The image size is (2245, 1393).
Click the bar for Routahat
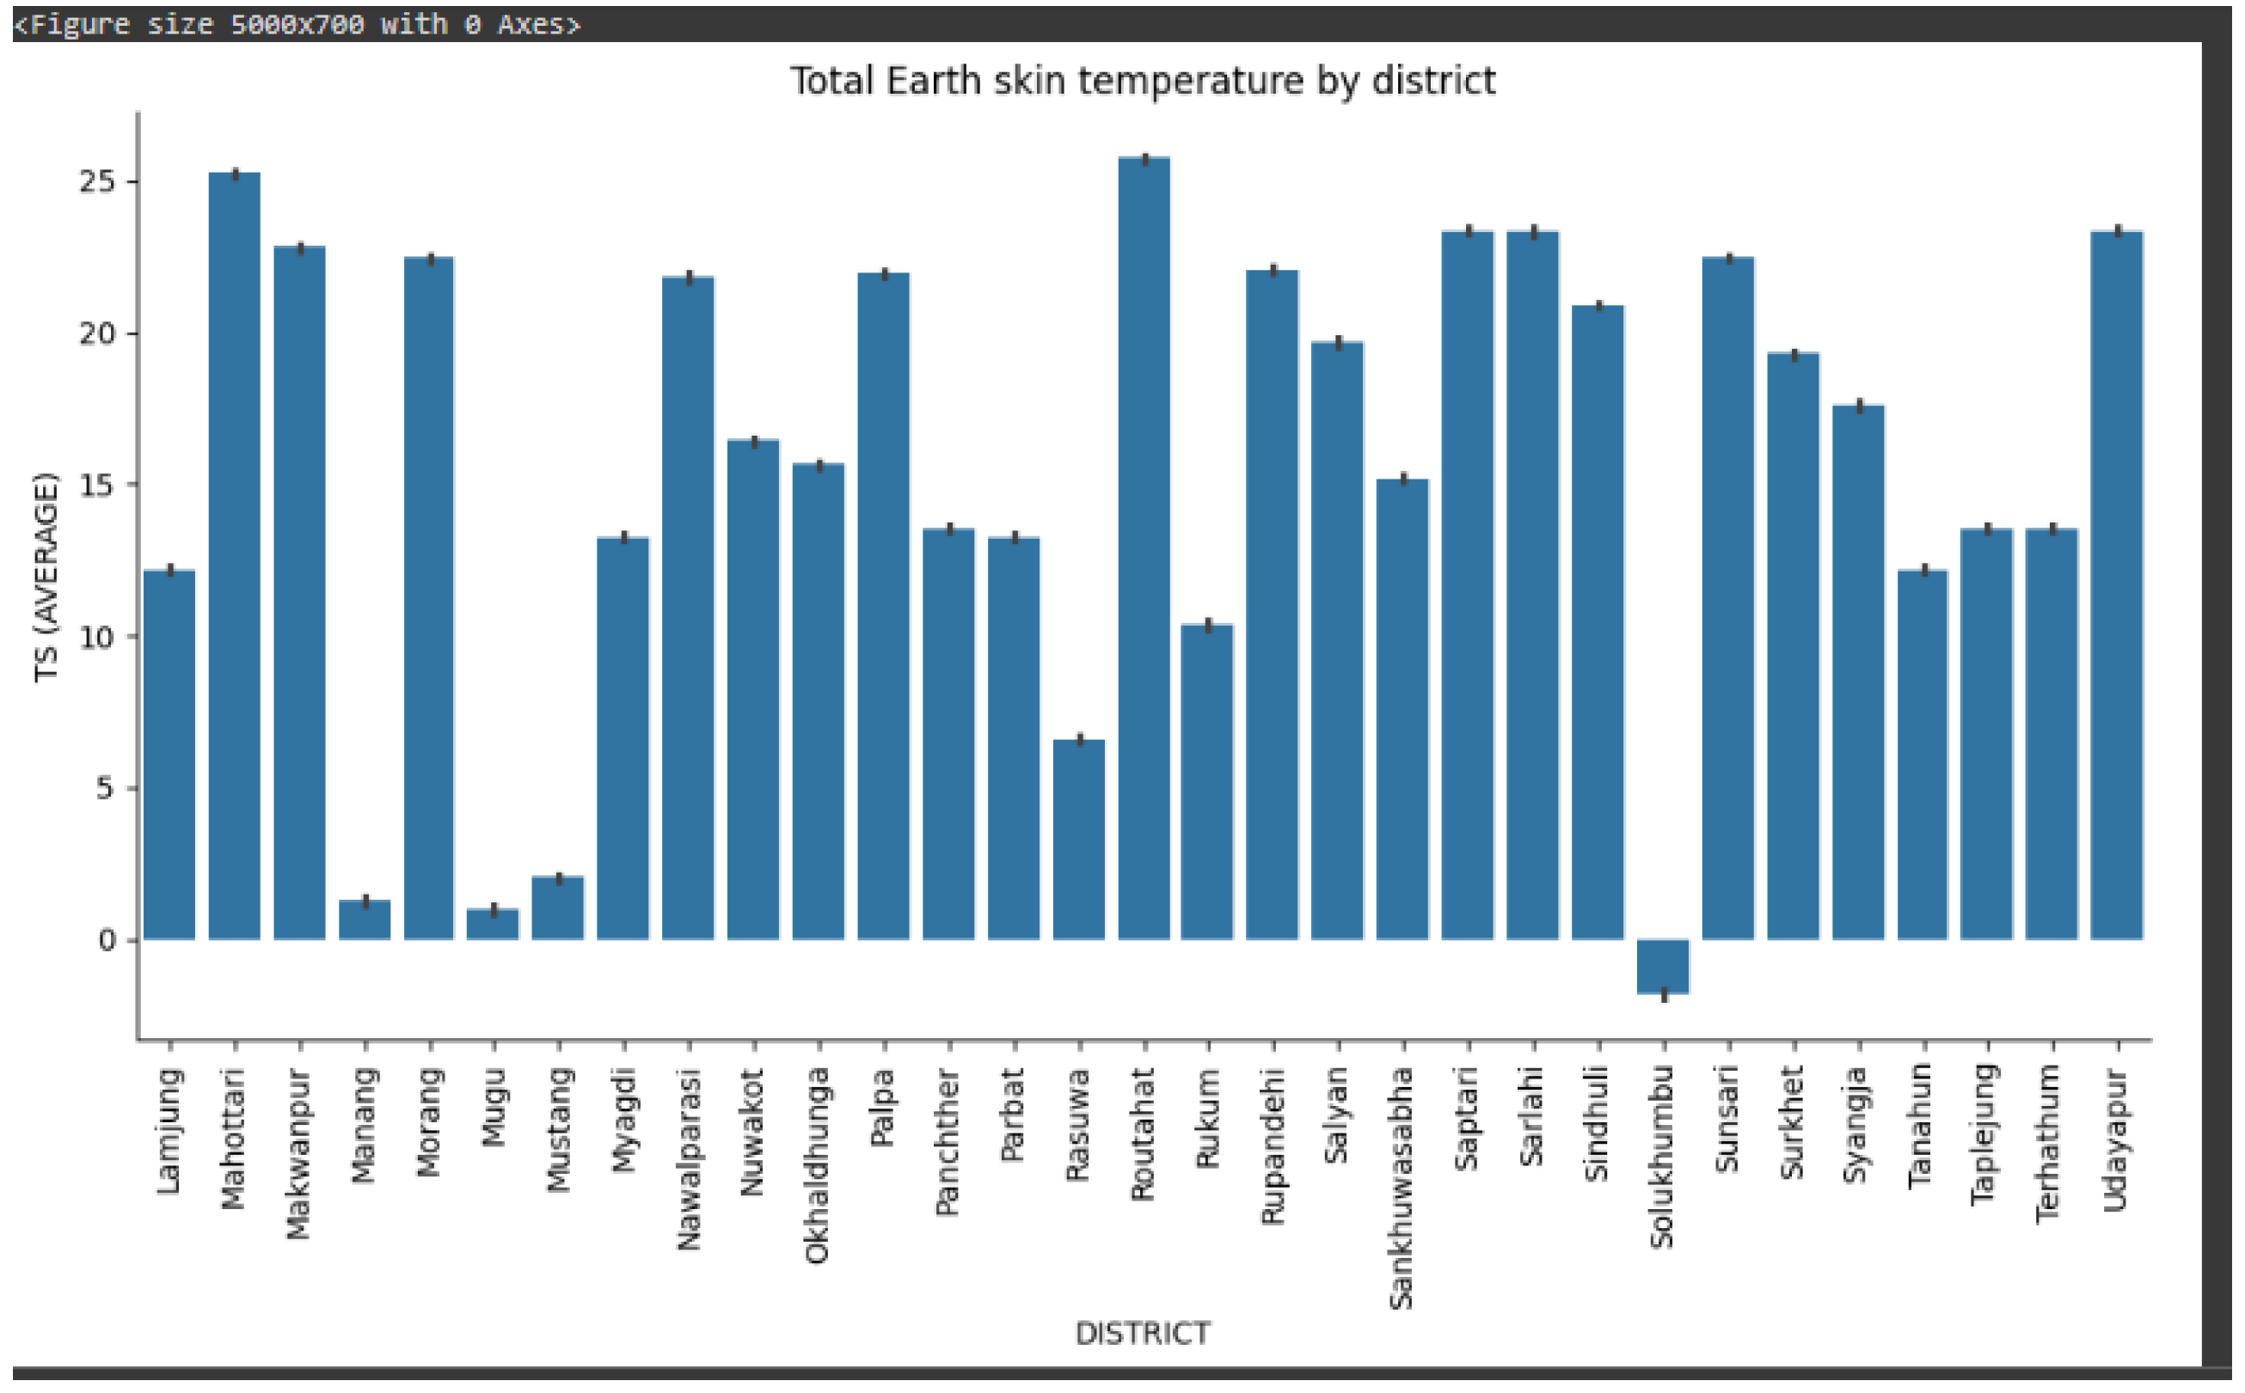[x=1144, y=553]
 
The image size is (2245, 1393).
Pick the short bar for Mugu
[x=493, y=925]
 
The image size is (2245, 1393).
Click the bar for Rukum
[x=1208, y=783]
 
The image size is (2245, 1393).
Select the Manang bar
[x=365, y=920]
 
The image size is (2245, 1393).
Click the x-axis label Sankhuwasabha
[x=1401, y=1188]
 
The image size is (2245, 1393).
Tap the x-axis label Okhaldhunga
[x=817, y=1166]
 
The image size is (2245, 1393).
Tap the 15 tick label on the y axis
[x=99, y=486]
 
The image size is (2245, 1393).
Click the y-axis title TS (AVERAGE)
[x=46, y=578]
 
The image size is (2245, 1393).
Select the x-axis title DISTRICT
[x=1143, y=1333]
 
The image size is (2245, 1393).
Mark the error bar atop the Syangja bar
[x=1860, y=406]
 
